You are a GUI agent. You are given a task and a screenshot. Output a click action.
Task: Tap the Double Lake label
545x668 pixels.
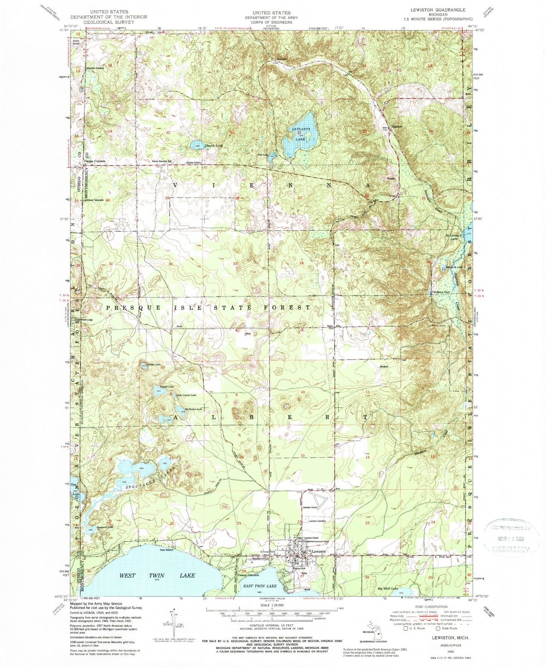[213, 146]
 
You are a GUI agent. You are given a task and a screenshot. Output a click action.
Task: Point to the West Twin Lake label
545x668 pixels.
[157, 575]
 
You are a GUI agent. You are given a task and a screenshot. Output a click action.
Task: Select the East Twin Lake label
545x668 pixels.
[259, 586]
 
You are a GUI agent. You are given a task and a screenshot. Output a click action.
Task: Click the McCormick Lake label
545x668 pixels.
[451, 236]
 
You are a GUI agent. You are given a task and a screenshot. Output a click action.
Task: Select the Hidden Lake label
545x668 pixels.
[154, 365]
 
